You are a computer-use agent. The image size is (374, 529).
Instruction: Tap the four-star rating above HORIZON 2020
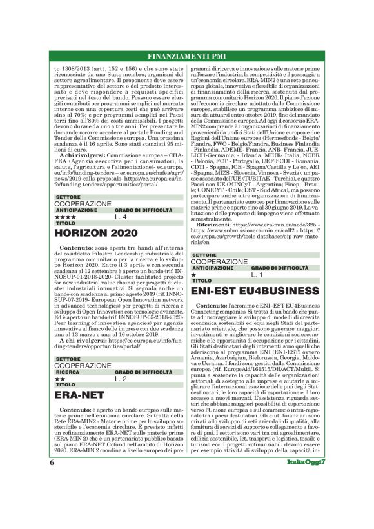coord(66,217)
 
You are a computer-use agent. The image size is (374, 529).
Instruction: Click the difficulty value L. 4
coord(121,217)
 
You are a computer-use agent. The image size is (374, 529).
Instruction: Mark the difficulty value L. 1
coord(257,275)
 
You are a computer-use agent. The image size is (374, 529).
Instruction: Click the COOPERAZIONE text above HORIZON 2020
coord(83,203)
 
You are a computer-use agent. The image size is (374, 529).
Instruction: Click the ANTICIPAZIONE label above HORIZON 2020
coord(76,210)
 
